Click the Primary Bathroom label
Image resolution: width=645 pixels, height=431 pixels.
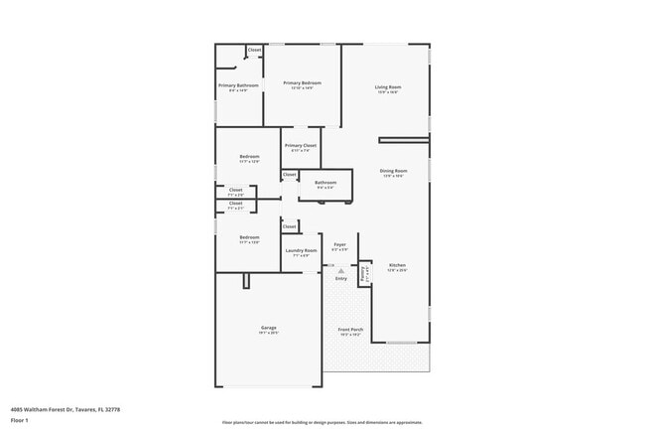pyautogui.click(x=238, y=85)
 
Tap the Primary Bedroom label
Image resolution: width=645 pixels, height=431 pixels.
pyautogui.click(x=302, y=83)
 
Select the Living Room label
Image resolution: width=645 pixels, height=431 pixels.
pyautogui.click(x=387, y=87)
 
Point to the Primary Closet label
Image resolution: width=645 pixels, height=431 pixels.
pyautogui.click(x=300, y=146)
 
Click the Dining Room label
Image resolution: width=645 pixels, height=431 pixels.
pyautogui.click(x=393, y=171)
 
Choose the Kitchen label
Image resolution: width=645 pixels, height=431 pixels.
pyautogui.click(x=397, y=265)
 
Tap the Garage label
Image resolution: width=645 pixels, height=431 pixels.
pyautogui.click(x=268, y=328)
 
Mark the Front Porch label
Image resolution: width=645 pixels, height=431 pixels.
pyautogui.click(x=350, y=331)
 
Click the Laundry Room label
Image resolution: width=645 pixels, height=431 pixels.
pyautogui.click(x=301, y=250)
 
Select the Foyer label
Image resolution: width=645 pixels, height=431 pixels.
pyautogui.click(x=339, y=244)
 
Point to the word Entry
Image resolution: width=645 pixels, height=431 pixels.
pyautogui.click(x=341, y=279)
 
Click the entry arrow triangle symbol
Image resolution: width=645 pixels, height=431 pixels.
pyautogui.click(x=341, y=269)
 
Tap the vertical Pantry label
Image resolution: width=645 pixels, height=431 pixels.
pyautogui.click(x=365, y=273)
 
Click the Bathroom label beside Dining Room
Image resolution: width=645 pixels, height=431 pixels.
pyautogui.click(x=325, y=183)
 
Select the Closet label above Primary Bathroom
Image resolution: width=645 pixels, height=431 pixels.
pyautogui.click(x=254, y=50)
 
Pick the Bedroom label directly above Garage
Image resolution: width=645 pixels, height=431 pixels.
pyautogui.click(x=249, y=237)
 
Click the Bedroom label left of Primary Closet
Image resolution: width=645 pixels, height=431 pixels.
pyautogui.click(x=249, y=156)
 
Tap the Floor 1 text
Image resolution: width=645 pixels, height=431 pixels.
pyautogui.click(x=18, y=420)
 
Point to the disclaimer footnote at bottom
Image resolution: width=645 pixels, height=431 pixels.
pyautogui.click(x=322, y=422)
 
